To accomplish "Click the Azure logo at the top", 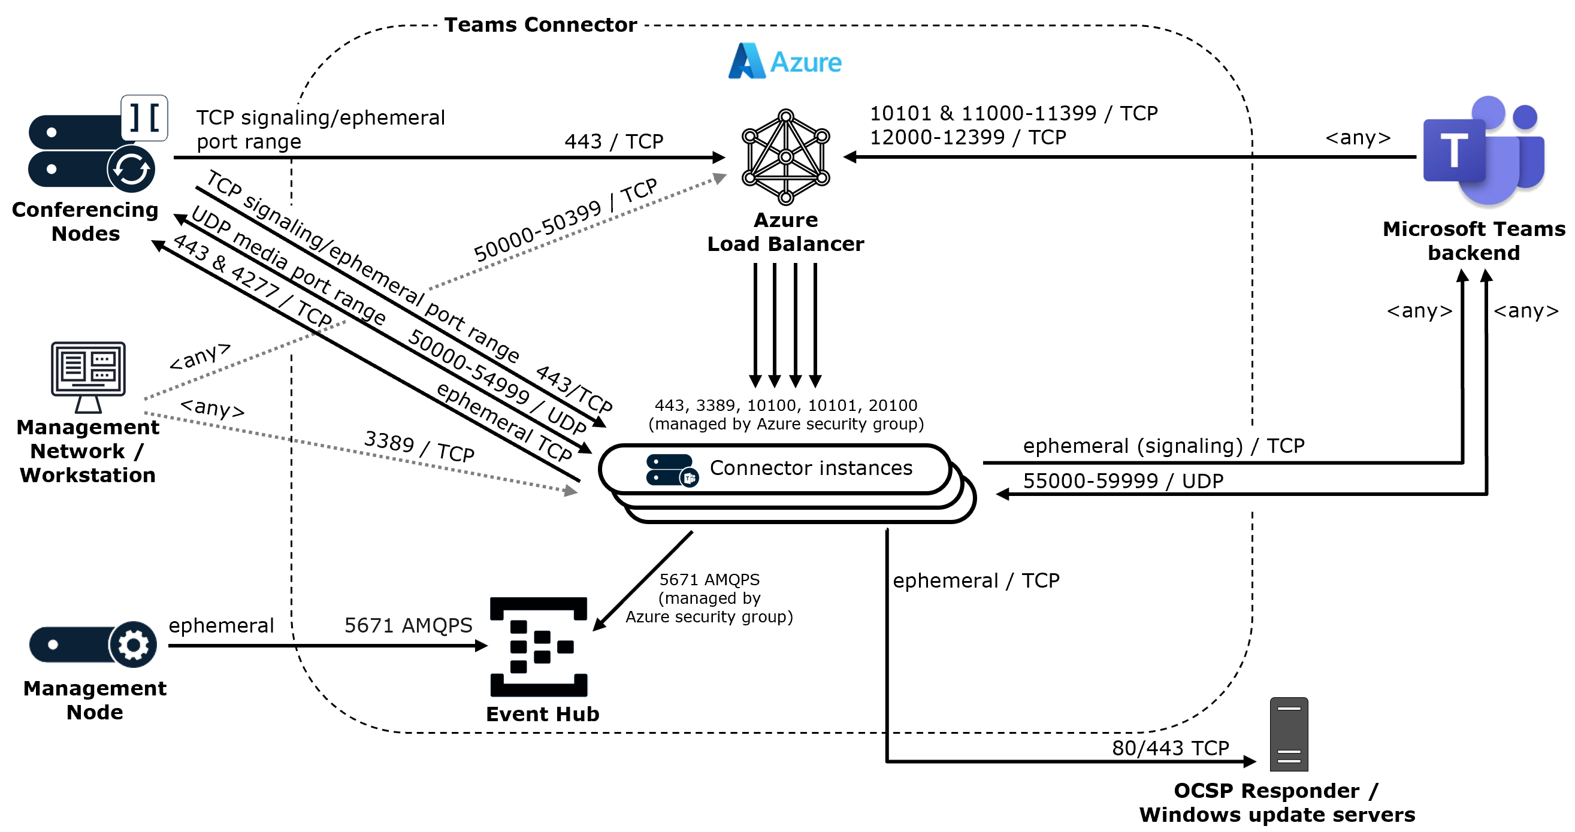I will click(x=784, y=61).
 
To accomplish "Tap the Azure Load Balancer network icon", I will click(x=785, y=156).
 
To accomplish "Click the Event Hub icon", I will click(x=539, y=646).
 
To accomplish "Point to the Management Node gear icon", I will click(x=132, y=645).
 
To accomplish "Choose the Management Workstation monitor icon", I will click(x=88, y=376).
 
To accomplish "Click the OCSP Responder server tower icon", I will click(x=1288, y=734).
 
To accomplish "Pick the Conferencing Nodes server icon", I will click(x=92, y=150).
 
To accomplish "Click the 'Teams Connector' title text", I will click(x=540, y=25).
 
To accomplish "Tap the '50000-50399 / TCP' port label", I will click(x=565, y=219).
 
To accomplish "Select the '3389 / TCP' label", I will click(x=419, y=446).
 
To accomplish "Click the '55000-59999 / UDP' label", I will click(x=1123, y=481).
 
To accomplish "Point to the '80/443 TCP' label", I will click(x=1169, y=748).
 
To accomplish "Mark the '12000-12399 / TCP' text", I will click(x=968, y=137).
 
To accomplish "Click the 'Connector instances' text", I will click(x=811, y=468).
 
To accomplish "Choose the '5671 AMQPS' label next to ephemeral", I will click(x=408, y=625).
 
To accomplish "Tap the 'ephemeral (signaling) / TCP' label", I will click(x=1163, y=446).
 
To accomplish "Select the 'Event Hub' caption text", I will click(x=542, y=713).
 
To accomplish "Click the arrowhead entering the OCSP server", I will click(x=1250, y=762).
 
